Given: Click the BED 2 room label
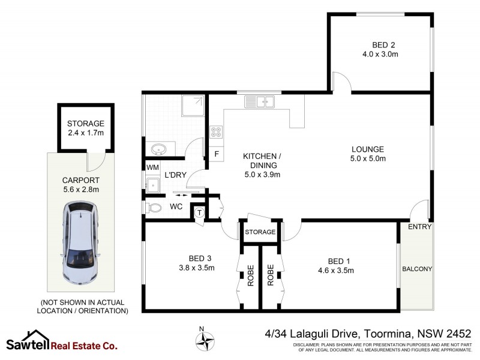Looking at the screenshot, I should tap(380, 49).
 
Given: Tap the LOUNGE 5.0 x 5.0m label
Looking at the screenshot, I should tap(368, 154).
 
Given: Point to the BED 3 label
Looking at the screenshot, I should tap(197, 263).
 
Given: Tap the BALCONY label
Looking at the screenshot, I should tap(416, 269).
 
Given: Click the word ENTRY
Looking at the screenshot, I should tap(419, 226).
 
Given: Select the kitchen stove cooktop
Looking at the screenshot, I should tap(215, 132).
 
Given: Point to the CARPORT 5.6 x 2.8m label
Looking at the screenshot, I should tap(80, 185).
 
